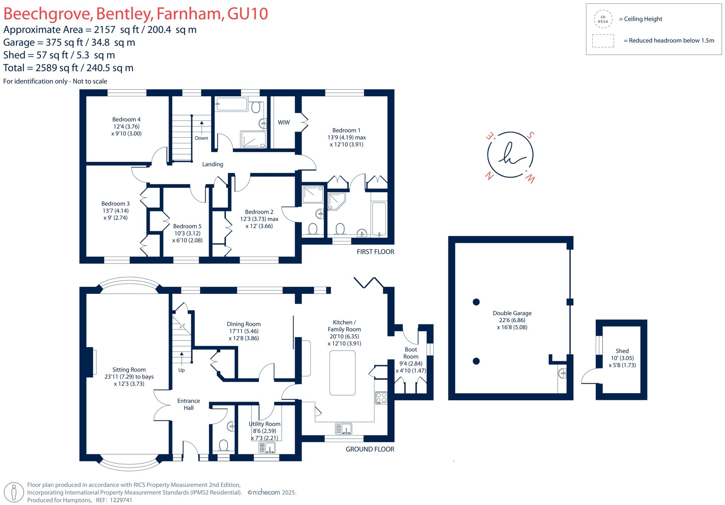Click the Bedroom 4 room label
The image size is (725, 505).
pyautogui.click(x=126, y=120)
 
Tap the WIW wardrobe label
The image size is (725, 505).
pyautogui.click(x=284, y=122)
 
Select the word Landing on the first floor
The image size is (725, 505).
pyautogui.click(x=212, y=164)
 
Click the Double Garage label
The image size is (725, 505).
pyautogui.click(x=512, y=313)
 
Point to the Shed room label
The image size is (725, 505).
pyautogui.click(x=622, y=351)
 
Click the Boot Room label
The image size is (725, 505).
pyautogui.click(x=411, y=353)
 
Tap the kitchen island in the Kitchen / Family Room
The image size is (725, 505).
pyautogui.click(x=342, y=373)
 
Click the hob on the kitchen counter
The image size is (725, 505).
pyautogui.click(x=381, y=398)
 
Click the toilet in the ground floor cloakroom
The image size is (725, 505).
pyautogui.click(x=223, y=446)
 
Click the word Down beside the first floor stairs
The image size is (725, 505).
pyautogui.click(x=201, y=138)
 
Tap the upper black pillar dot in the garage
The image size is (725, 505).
pyautogui.click(x=476, y=302)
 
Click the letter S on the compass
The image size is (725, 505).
pyautogui.click(x=530, y=135)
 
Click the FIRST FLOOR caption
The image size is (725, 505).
pyautogui.click(x=375, y=252)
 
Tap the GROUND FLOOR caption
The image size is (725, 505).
pyautogui.click(x=370, y=449)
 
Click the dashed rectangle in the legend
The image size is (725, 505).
pyautogui.click(x=603, y=41)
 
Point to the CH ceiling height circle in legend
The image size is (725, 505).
pyautogui.click(x=603, y=19)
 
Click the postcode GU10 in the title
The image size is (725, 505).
pyautogui.click(x=247, y=14)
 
